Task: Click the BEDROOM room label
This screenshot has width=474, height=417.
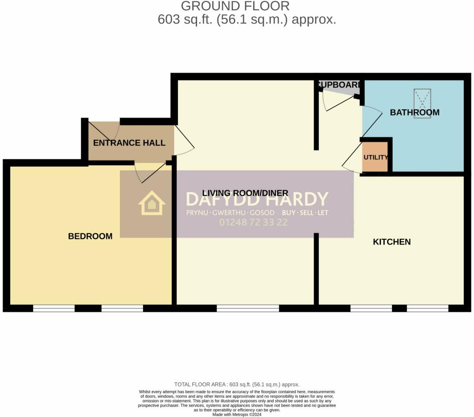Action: pos(90,236)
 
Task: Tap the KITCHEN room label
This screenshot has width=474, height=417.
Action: pos(391,242)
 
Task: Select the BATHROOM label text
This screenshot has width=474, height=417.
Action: pos(414,112)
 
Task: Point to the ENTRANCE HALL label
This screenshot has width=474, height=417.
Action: pos(129,143)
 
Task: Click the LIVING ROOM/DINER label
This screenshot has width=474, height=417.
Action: pos(245,193)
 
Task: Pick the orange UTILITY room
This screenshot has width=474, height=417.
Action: pos(375,157)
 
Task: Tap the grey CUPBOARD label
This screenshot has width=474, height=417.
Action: pos(340,85)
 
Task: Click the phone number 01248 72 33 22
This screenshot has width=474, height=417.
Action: pos(253,222)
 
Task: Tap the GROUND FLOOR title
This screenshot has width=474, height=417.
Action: pos(235,6)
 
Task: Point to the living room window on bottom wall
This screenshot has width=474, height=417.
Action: pos(248,309)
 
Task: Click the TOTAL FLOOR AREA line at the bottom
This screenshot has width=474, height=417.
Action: pos(237,384)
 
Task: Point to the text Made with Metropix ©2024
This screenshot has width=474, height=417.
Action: pos(237,414)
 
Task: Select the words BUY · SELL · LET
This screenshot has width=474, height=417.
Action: pos(305,213)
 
